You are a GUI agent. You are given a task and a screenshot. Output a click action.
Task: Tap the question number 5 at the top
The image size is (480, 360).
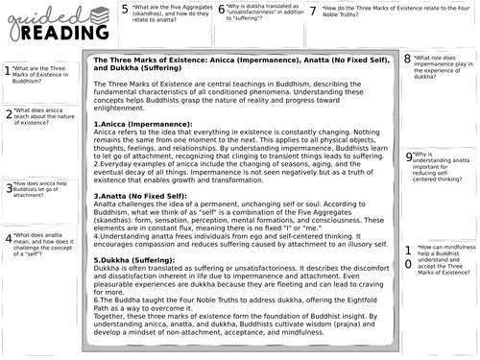[x=125, y=12]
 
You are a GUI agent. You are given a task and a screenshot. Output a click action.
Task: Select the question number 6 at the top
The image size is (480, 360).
[x=222, y=12]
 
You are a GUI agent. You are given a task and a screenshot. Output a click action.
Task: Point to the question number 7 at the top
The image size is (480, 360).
[x=315, y=12]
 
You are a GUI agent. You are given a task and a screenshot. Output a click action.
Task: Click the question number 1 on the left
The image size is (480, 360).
[x=9, y=70]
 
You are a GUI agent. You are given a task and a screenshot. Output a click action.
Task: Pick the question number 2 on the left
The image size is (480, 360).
[x=9, y=115]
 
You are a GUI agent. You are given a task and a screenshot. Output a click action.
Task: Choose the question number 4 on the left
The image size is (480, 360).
[x=9, y=238]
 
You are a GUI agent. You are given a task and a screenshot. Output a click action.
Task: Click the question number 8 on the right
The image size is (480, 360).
[x=409, y=60]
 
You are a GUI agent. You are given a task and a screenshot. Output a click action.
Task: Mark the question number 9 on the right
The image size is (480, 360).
[x=409, y=156]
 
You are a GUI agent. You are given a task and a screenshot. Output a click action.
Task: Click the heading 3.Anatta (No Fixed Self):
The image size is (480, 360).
[x=143, y=223]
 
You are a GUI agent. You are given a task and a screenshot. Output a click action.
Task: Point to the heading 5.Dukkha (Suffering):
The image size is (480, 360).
[x=141, y=286]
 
